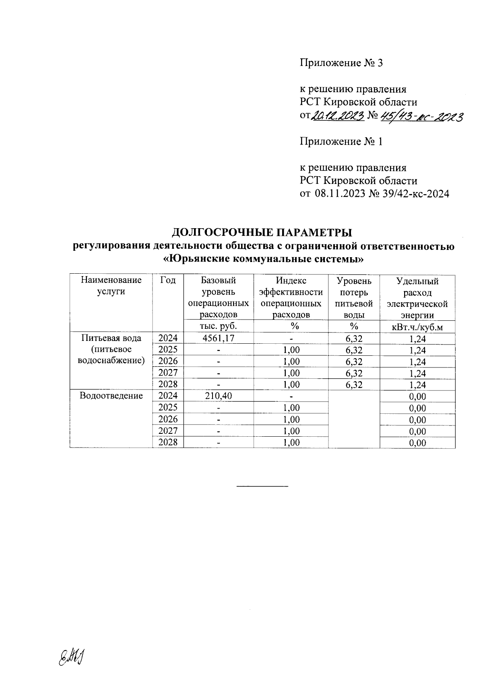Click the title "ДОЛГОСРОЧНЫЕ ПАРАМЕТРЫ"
[x=262, y=232]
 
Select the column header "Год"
[x=168, y=281]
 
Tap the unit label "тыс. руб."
[x=219, y=326]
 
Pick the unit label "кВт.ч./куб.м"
[x=417, y=327]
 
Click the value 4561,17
[x=219, y=338]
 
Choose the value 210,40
[x=219, y=396]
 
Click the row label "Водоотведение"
[x=111, y=396]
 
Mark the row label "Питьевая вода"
[x=111, y=338]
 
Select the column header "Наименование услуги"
[x=111, y=286]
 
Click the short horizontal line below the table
[x=262, y=487]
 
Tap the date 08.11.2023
[x=340, y=194]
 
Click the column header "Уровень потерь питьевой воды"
[x=354, y=297]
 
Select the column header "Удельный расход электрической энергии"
[x=417, y=297]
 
